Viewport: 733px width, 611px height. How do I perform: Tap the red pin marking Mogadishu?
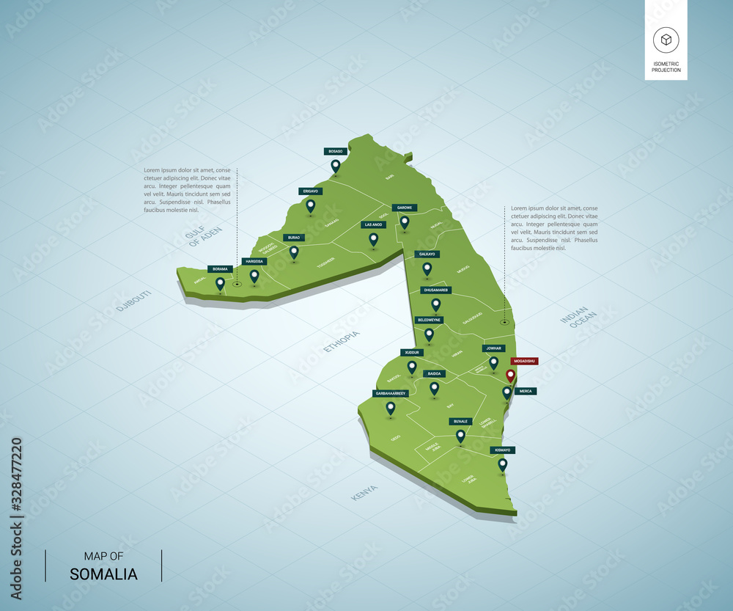(511, 376)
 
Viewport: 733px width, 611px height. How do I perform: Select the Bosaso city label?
(335, 151)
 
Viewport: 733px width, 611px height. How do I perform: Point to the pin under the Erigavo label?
(310, 205)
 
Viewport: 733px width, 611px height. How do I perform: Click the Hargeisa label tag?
(254, 261)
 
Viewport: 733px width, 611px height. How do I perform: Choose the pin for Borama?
(220, 282)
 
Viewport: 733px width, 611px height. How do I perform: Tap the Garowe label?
(404, 208)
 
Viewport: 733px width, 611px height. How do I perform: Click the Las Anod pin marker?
(373, 238)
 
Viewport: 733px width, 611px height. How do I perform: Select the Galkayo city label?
(427, 254)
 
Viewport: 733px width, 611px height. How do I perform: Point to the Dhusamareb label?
(435, 290)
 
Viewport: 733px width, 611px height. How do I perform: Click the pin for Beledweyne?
(429, 334)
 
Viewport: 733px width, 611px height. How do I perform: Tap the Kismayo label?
(502, 450)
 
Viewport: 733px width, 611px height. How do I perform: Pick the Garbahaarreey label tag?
(390, 393)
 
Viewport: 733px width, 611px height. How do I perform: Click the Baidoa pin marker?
(434, 387)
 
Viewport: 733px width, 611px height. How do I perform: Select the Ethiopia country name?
(342, 341)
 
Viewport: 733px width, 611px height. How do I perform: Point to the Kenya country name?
(364, 492)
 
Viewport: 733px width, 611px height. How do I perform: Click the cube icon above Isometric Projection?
(666, 40)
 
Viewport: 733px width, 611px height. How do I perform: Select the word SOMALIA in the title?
(103, 574)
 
